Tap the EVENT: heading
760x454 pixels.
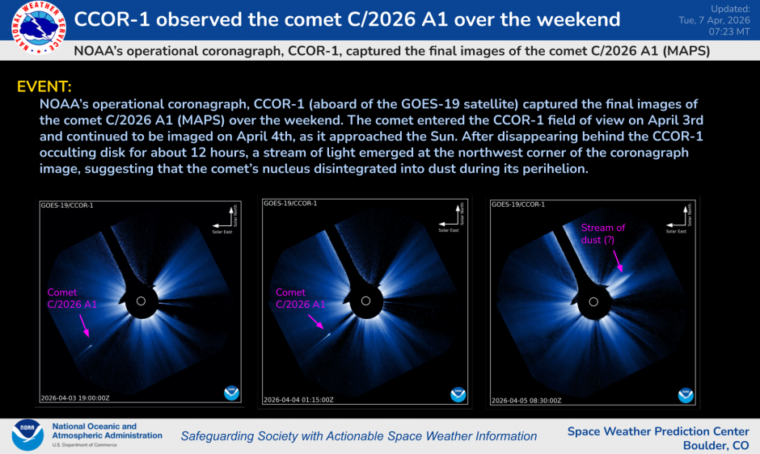click(x=44, y=86)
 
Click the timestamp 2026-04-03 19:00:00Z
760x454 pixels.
click(x=74, y=397)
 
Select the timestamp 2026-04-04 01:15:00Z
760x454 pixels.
click(x=298, y=399)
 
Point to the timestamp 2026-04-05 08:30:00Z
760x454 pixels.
click(x=526, y=399)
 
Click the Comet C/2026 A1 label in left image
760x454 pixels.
click(x=73, y=298)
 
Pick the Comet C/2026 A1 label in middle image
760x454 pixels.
click(x=301, y=298)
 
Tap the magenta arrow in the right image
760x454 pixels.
click(x=615, y=259)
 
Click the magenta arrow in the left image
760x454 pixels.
click(x=84, y=325)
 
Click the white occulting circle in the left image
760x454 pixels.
click(x=141, y=301)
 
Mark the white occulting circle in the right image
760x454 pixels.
click(x=596, y=301)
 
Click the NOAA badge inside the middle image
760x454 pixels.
click(x=458, y=393)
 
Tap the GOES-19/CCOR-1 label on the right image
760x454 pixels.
click(x=517, y=205)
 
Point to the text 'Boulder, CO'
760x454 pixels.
click(x=716, y=445)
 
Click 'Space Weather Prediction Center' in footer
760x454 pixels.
click(x=657, y=431)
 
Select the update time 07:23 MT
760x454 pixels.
click(x=731, y=31)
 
